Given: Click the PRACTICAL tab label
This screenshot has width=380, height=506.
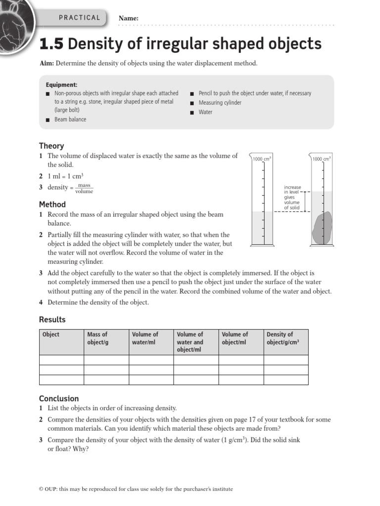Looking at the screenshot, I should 79,18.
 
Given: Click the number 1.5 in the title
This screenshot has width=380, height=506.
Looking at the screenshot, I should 51,44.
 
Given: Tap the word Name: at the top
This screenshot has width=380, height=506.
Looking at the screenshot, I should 129,19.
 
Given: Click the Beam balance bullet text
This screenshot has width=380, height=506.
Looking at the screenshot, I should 70,120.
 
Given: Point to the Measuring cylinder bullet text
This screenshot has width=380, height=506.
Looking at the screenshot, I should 220,103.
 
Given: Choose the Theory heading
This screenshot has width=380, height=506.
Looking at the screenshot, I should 51,146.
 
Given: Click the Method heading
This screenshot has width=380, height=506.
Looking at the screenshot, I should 52,204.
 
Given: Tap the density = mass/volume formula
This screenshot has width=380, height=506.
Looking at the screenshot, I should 70,188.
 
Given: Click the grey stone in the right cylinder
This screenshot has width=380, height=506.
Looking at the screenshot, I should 322,228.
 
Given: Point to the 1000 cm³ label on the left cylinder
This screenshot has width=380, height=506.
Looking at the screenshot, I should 262,159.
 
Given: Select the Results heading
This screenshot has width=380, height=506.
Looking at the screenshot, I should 52,320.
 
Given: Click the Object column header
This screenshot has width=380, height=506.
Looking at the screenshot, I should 51,335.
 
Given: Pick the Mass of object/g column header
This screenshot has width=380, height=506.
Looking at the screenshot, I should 97,338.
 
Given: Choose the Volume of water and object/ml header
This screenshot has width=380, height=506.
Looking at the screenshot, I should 190,342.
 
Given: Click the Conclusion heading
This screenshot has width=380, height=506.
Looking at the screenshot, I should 59,398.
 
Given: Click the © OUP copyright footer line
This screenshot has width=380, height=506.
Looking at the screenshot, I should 136,489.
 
